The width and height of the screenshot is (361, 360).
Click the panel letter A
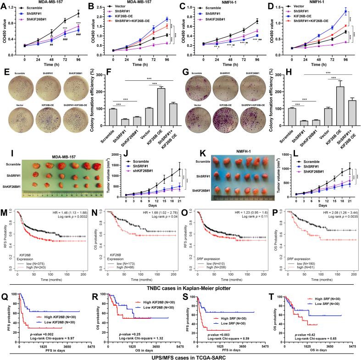[4, 4]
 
